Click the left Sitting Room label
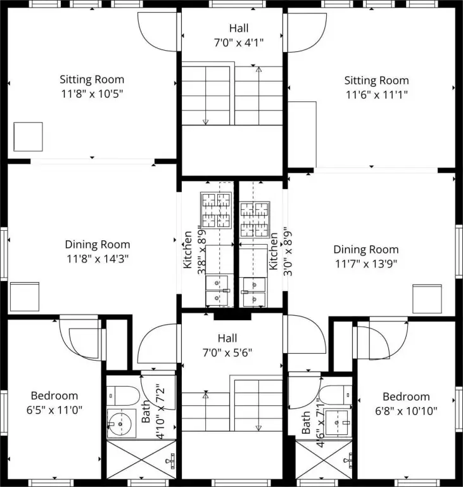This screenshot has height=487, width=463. [x=92, y=79]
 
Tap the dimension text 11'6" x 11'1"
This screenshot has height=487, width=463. [x=376, y=94]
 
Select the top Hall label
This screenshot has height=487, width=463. [x=239, y=29]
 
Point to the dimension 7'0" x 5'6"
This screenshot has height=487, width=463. [x=227, y=353]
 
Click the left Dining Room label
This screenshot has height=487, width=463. [x=98, y=244]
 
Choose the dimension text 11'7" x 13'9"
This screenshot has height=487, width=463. [x=366, y=264]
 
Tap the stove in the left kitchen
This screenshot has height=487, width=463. [x=216, y=211]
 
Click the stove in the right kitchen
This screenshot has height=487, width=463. [x=254, y=219]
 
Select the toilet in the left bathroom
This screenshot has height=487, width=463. [x=124, y=396]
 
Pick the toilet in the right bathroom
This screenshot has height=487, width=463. [x=336, y=395]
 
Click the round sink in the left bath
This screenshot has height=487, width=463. [x=120, y=424]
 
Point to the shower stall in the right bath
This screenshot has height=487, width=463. [x=324, y=460]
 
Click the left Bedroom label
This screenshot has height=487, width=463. [x=54, y=396]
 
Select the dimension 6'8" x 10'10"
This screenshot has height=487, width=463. [x=406, y=411]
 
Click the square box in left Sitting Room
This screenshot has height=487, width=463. [x=29, y=137]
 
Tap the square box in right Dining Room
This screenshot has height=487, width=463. [x=427, y=299]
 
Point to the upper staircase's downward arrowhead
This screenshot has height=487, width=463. [x=205, y=122]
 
